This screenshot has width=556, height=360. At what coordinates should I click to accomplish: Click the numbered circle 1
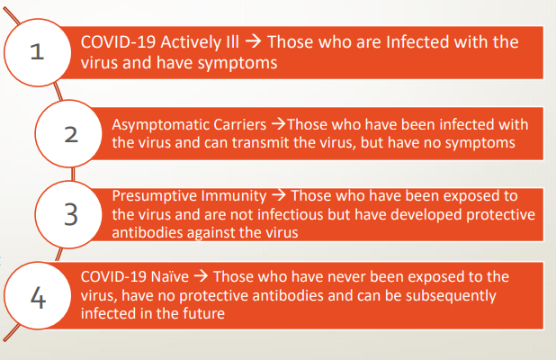pos(38,52)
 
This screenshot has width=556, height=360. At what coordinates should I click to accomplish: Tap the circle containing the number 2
pos(68,134)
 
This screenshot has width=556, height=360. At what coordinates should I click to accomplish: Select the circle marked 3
pos(68,214)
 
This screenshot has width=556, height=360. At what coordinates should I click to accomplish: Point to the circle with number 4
pos(38,296)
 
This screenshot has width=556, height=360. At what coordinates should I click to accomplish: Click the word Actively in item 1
pos(191,42)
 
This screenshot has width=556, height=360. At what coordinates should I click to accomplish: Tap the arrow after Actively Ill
pos(254,41)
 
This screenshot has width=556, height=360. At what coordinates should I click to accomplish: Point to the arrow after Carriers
pos(278,124)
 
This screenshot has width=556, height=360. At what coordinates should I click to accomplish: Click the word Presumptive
pos(154,196)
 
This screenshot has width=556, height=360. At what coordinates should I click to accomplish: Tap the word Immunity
pos(233,196)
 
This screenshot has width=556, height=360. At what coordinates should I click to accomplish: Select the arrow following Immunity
pos(279,195)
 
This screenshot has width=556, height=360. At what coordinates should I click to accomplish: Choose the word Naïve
pos(170,276)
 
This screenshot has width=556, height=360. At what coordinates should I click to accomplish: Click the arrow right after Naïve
pos(201,276)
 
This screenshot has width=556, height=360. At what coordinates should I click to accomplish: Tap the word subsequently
pos(451,296)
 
